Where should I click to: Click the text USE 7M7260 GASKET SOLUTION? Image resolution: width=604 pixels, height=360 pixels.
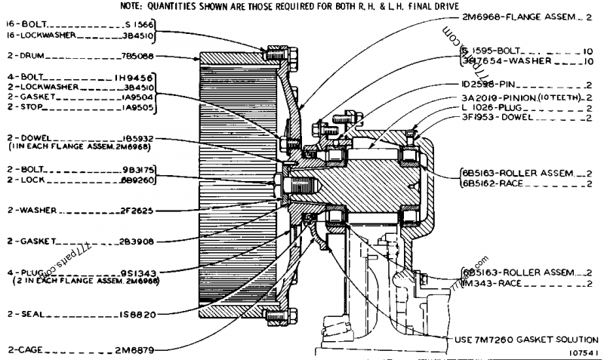click(526, 339)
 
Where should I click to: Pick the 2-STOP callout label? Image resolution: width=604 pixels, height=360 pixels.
click(23, 106)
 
